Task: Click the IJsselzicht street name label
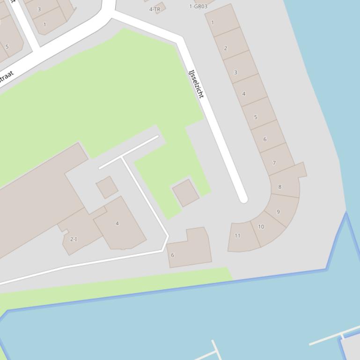point(196,84)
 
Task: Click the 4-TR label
point(155,9)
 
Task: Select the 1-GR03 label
point(198,6)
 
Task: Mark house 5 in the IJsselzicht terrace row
point(256,117)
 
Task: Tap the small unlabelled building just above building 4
point(107,187)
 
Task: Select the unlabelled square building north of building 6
point(186,193)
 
